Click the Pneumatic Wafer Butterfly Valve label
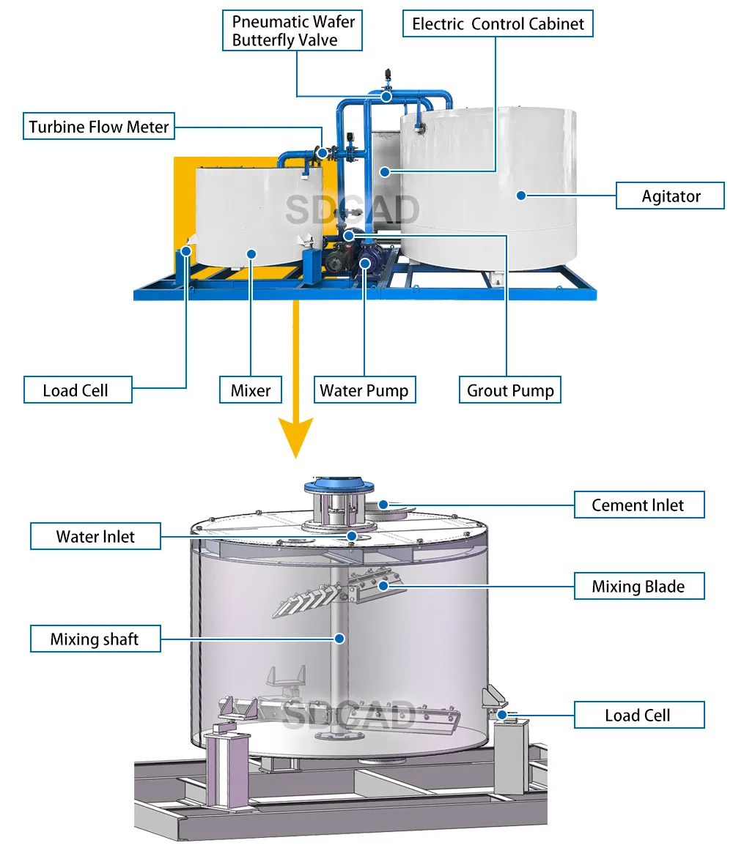(293, 31)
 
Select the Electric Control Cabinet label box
(498, 23)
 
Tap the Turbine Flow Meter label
(99, 127)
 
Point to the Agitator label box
(670, 196)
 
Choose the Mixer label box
(251, 390)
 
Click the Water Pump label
(364, 390)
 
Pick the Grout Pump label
(510, 390)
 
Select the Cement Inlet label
(638, 505)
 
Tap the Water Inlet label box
(95, 537)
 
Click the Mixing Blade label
(638, 587)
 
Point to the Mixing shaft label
(95, 639)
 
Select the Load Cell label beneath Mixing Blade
(638, 716)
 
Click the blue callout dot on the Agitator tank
(520, 195)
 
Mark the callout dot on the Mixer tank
(251, 254)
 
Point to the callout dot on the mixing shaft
(339, 639)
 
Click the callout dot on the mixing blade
(383, 585)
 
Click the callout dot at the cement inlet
(382, 504)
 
